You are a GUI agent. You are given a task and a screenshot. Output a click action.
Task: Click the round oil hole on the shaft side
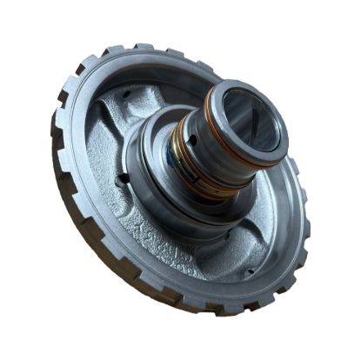tap(198, 134)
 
